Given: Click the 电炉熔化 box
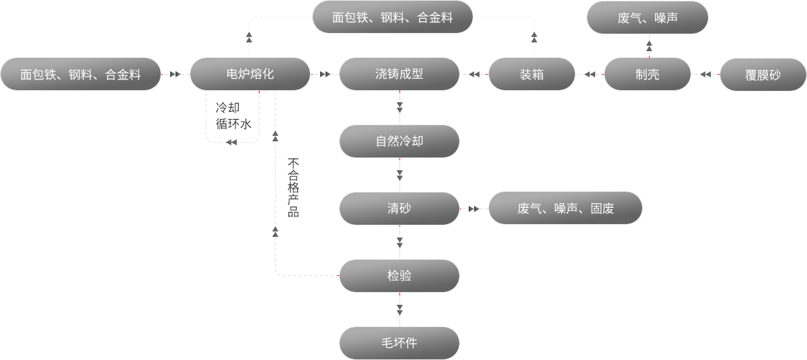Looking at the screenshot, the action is point(250,74).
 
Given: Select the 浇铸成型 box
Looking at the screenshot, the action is point(399,74).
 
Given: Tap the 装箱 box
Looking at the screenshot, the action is point(531,74).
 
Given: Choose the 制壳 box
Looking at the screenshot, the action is point(648,74).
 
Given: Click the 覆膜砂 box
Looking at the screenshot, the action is point(763,75).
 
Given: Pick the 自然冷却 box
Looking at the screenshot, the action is point(399,141).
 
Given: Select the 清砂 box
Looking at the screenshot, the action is point(399,209).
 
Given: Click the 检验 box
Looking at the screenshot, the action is point(399,276).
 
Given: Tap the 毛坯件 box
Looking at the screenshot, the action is point(399,343).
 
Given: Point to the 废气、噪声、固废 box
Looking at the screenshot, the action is point(566,208).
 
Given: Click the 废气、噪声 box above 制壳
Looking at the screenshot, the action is point(648,17).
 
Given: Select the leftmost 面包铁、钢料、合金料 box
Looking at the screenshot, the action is point(80,74).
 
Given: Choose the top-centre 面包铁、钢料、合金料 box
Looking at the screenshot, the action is point(392,17).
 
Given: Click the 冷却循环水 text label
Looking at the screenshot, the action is point(233,116).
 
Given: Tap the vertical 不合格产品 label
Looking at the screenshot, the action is point(293,187).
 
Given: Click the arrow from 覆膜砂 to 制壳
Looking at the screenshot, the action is point(705,74).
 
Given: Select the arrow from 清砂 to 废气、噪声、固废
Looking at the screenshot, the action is point(474,209).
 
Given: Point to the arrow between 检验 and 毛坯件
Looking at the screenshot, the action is point(399,310).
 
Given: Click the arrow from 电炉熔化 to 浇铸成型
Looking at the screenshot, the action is point(325,74).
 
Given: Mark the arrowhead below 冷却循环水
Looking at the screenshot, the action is point(231,143).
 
